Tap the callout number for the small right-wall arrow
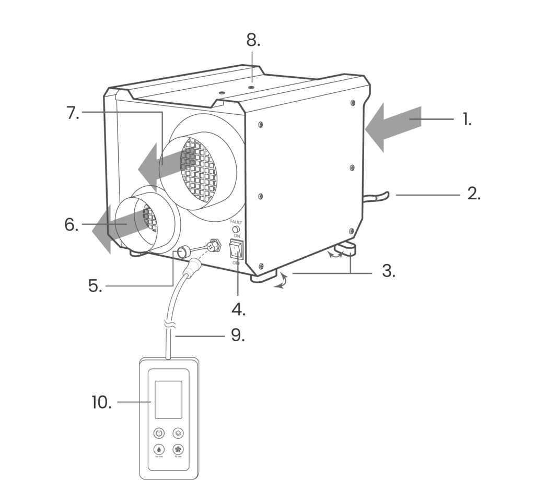(472, 193)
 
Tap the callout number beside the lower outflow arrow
(71, 225)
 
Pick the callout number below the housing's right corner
(388, 272)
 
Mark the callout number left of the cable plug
(95, 285)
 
